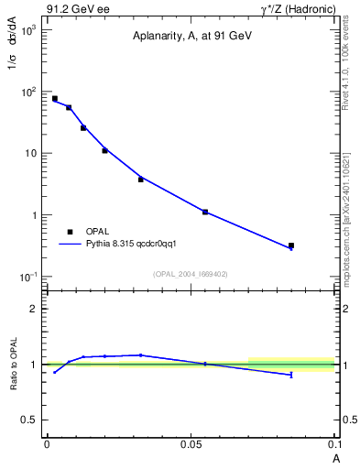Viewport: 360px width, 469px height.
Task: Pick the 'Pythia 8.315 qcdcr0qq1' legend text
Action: pos(137,245)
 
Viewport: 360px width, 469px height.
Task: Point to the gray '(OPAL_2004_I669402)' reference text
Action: pos(191,273)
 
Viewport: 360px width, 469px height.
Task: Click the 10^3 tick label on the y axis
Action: pos(28,30)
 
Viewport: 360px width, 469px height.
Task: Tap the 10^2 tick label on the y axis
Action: pos(28,92)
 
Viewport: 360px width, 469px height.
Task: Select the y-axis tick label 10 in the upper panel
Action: pos(30,153)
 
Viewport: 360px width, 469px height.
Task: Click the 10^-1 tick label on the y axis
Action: pos(27,277)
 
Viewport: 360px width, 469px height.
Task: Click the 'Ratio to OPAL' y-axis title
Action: pos(15,365)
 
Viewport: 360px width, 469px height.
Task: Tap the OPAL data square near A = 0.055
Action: pos(205,212)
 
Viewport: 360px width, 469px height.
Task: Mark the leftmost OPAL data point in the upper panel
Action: pos(55,98)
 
